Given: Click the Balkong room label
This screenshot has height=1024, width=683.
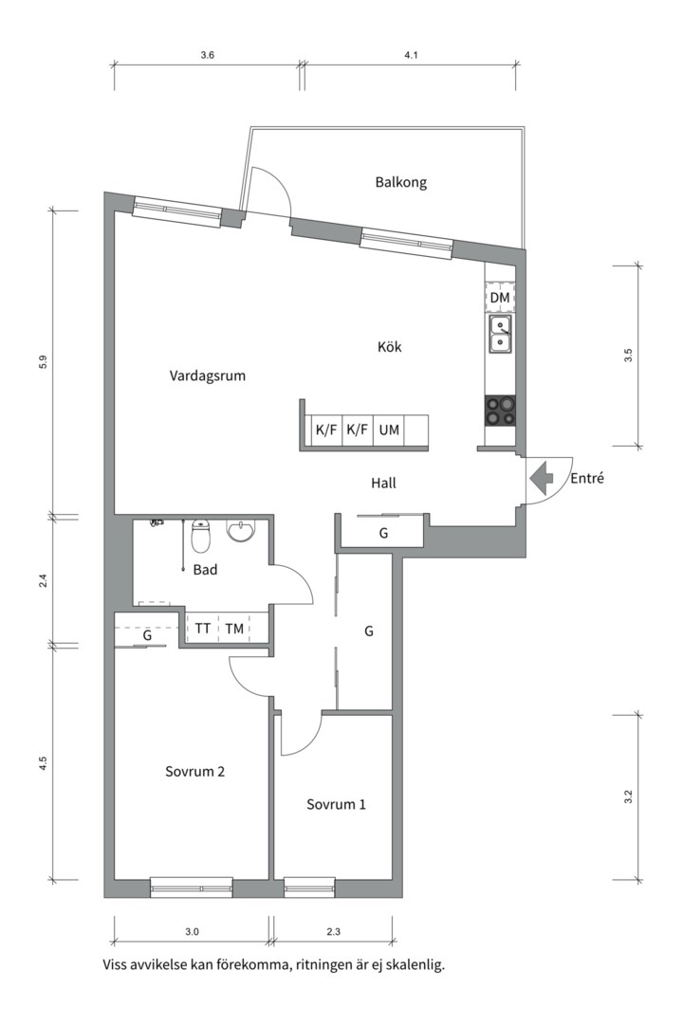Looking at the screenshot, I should [400, 182].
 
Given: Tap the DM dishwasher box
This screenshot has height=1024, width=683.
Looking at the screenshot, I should [500, 298].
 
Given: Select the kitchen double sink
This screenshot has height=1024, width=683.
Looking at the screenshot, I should [500, 334].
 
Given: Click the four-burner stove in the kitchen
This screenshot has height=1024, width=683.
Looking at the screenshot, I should [500, 410].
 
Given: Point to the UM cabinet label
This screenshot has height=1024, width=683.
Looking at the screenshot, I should [389, 430].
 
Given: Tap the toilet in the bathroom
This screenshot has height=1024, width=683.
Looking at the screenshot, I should [200, 537].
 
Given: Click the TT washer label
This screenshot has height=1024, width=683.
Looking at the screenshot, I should [203, 628].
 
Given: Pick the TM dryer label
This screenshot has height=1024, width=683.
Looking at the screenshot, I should [234, 628].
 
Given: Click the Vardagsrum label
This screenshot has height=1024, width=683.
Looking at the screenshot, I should [208, 375].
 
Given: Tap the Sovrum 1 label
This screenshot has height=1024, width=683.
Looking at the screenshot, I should [336, 804].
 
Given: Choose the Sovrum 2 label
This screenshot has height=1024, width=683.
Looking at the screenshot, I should [194, 771].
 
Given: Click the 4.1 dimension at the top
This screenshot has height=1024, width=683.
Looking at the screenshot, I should [411, 56].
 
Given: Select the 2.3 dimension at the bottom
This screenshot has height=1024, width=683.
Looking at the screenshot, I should [333, 931].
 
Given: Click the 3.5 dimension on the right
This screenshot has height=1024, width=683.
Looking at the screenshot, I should [628, 356].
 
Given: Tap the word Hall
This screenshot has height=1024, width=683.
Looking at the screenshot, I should [383, 484].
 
